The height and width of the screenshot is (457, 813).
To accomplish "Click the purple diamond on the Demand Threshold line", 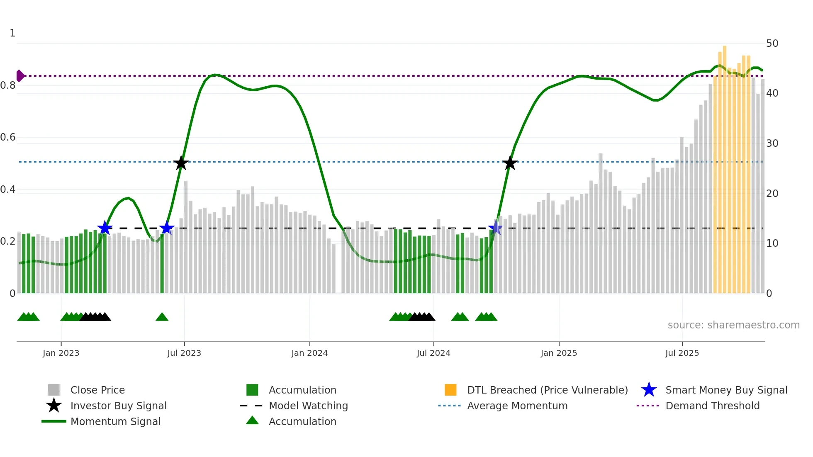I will coord(20,76).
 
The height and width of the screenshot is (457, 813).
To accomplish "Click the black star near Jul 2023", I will coord(180,163).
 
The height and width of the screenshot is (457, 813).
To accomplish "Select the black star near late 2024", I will coord(510,163).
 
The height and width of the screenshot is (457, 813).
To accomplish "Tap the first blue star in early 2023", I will coord(105,228).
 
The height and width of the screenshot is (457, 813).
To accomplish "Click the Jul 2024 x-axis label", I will coord(433,353).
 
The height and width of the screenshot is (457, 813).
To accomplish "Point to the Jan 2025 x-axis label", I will coord(559,353).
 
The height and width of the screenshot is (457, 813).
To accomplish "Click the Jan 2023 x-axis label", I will coord(61,353).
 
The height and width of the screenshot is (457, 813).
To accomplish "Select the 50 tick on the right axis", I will coord(772,44).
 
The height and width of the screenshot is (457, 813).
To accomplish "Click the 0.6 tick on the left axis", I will coord(8,137).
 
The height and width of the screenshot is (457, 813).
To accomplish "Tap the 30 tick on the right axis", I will coord(772,143).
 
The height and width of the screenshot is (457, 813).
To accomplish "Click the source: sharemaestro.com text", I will coord(733,325).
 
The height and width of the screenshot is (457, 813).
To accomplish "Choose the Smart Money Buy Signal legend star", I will coord(649,390).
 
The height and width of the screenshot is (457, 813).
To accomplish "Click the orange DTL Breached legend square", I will coord(450,390).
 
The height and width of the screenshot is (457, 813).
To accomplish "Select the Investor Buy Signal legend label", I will coord(119,406).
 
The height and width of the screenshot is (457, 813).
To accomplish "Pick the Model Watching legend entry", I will coord(308,406).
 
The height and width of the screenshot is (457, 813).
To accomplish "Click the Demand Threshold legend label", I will coord(712,406).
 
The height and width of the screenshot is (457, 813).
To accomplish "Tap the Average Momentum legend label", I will coord(517,406).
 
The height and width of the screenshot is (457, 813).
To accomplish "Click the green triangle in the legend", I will coord(252,421).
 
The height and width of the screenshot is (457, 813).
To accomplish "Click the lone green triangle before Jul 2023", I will coord(162,317).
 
